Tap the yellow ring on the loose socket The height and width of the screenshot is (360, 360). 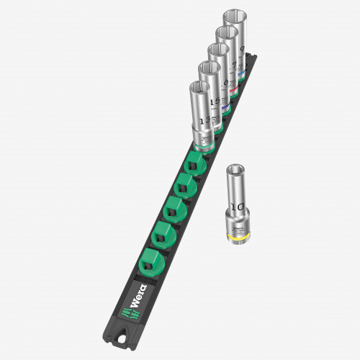coord(237,235)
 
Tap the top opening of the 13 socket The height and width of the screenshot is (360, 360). coord(200,88)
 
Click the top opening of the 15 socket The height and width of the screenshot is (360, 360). coord(210,68)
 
